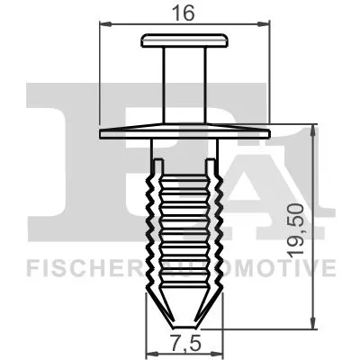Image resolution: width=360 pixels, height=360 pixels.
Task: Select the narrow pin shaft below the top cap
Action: pos(184,85)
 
